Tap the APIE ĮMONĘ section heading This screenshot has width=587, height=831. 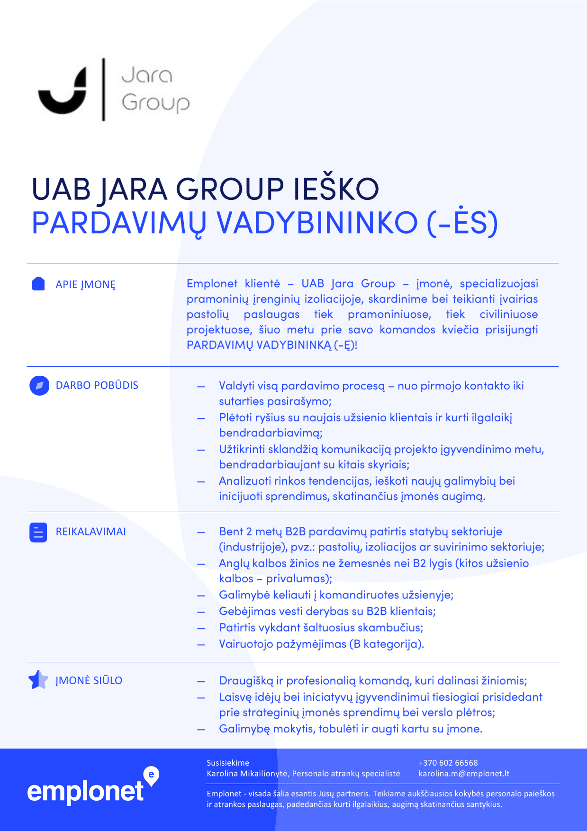(86, 285)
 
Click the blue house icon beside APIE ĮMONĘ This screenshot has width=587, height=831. (38, 284)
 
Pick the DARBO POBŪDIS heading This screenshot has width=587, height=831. (97, 385)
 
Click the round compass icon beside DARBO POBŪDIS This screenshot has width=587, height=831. (39, 386)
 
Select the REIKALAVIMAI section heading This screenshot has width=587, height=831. (91, 532)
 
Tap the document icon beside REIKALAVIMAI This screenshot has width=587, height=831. (38, 532)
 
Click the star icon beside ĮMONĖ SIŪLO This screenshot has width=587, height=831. (38, 680)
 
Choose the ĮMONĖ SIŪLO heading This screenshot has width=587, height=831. (89, 680)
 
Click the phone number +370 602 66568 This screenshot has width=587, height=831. (448, 763)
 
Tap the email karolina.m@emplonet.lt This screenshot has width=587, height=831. (464, 774)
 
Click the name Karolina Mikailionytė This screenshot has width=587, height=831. (247, 774)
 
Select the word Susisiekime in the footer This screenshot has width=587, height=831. (228, 763)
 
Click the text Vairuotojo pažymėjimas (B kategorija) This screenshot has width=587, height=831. (321, 644)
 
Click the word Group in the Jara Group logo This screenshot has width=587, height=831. (156, 102)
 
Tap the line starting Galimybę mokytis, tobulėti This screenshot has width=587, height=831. (351, 729)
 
